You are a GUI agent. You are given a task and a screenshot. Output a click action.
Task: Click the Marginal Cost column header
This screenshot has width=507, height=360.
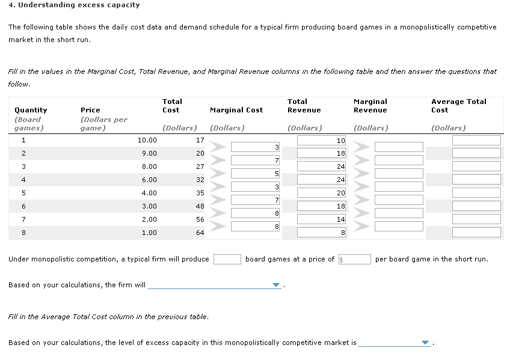click(236, 110)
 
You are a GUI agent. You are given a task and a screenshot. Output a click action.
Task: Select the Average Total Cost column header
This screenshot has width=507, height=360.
click(458, 106)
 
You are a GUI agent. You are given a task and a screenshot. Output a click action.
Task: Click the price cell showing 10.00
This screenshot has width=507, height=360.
click(147, 140)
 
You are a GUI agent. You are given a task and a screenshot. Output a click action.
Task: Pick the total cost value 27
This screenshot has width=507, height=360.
click(200, 166)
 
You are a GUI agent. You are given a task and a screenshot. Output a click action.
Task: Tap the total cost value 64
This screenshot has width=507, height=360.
click(200, 233)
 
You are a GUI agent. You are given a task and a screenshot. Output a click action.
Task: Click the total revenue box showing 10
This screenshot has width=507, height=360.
click(322, 140)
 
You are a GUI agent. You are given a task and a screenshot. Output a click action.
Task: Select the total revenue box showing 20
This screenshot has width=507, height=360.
click(322, 193)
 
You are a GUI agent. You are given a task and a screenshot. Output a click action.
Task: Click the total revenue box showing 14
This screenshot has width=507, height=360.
click(322, 219)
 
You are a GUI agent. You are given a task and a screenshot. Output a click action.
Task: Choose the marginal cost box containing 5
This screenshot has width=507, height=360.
click(256, 173)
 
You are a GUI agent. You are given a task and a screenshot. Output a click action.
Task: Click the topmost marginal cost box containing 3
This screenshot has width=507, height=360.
click(256, 147)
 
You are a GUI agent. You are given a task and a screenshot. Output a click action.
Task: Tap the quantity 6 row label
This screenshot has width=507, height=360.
click(23, 206)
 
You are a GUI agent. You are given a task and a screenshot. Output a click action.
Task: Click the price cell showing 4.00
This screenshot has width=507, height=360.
click(149, 193)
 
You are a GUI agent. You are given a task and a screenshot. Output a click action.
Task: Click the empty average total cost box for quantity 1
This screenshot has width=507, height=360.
click(476, 140)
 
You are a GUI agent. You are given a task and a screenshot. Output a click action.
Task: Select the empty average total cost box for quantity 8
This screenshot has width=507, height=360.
click(476, 233)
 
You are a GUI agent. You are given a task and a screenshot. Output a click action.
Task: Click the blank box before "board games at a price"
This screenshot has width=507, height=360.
click(227, 259)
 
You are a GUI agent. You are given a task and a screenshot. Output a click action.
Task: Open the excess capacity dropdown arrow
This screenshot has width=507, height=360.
click(426, 343)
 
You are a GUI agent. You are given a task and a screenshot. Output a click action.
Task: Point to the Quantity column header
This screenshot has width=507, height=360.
click(31, 110)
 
